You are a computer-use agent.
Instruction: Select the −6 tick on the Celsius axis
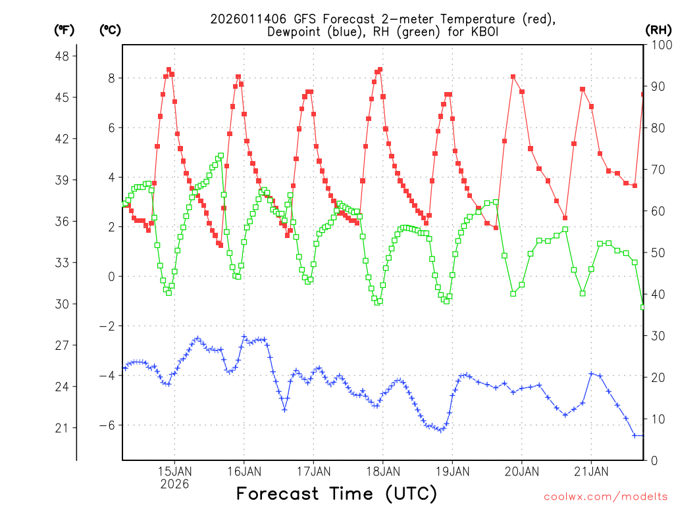coord(107,425)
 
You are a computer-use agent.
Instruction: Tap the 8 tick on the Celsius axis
coord(111,78)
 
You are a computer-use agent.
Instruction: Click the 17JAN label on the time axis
coord(313,471)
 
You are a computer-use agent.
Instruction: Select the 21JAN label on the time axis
coord(591,471)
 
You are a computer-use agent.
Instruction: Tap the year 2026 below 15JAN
coord(174,484)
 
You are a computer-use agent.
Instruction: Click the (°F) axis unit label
coord(65,30)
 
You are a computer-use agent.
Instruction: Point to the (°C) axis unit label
coord(110,30)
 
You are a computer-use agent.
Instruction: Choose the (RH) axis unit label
coord(658,30)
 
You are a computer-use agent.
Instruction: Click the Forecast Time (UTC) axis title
coord(336,493)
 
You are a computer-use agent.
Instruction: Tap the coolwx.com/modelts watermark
coord(606,495)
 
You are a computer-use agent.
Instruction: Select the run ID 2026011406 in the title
coord(244,19)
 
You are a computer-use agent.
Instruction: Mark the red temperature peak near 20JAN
coord(513,77)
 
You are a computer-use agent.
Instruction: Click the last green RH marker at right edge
coord(643,307)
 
